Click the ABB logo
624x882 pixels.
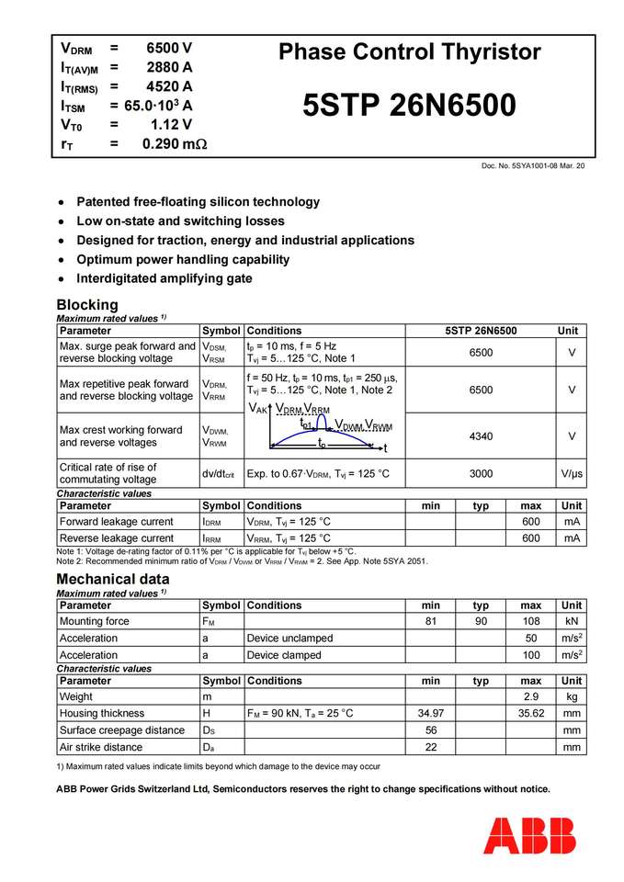click(529, 835)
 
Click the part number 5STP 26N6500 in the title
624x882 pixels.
click(409, 107)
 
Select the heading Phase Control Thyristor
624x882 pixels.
click(409, 51)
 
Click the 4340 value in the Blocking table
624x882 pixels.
click(481, 436)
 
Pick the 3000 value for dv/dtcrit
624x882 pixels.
click(481, 474)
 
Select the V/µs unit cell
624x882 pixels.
click(572, 474)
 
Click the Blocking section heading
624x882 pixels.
click(87, 304)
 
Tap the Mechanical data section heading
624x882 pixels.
click(113, 579)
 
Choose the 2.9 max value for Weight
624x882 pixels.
click(530, 697)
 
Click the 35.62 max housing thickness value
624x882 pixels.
click(530, 713)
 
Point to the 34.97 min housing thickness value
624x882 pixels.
click(430, 713)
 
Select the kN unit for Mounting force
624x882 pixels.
click(572, 621)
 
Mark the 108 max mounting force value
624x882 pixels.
click(530, 621)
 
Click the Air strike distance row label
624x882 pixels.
click(101, 747)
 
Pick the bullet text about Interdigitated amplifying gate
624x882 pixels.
click(165, 278)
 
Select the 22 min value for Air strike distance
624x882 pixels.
click(430, 747)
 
